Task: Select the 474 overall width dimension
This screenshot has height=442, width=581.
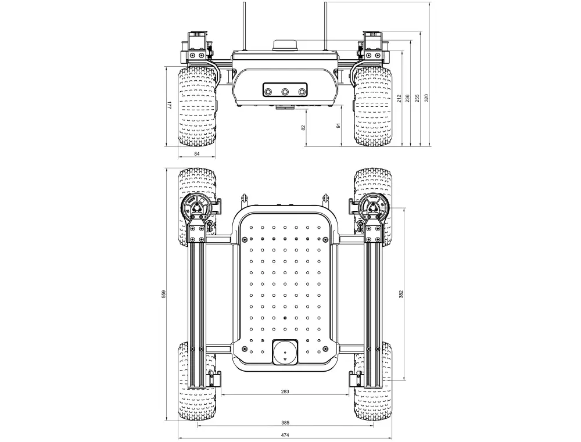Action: coord(285,436)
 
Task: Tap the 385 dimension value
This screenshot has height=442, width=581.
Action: coord(285,423)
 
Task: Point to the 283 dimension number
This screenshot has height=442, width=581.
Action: coord(285,391)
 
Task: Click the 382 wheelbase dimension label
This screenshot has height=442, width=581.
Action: coord(401,294)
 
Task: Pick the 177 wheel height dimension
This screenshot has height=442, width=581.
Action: coord(169,105)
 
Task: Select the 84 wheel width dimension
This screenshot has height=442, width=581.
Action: coord(197,154)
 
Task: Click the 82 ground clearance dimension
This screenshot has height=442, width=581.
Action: coord(304,127)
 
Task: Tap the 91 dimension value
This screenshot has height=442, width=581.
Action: coord(338,126)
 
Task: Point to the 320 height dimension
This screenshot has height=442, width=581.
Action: coord(426,98)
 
